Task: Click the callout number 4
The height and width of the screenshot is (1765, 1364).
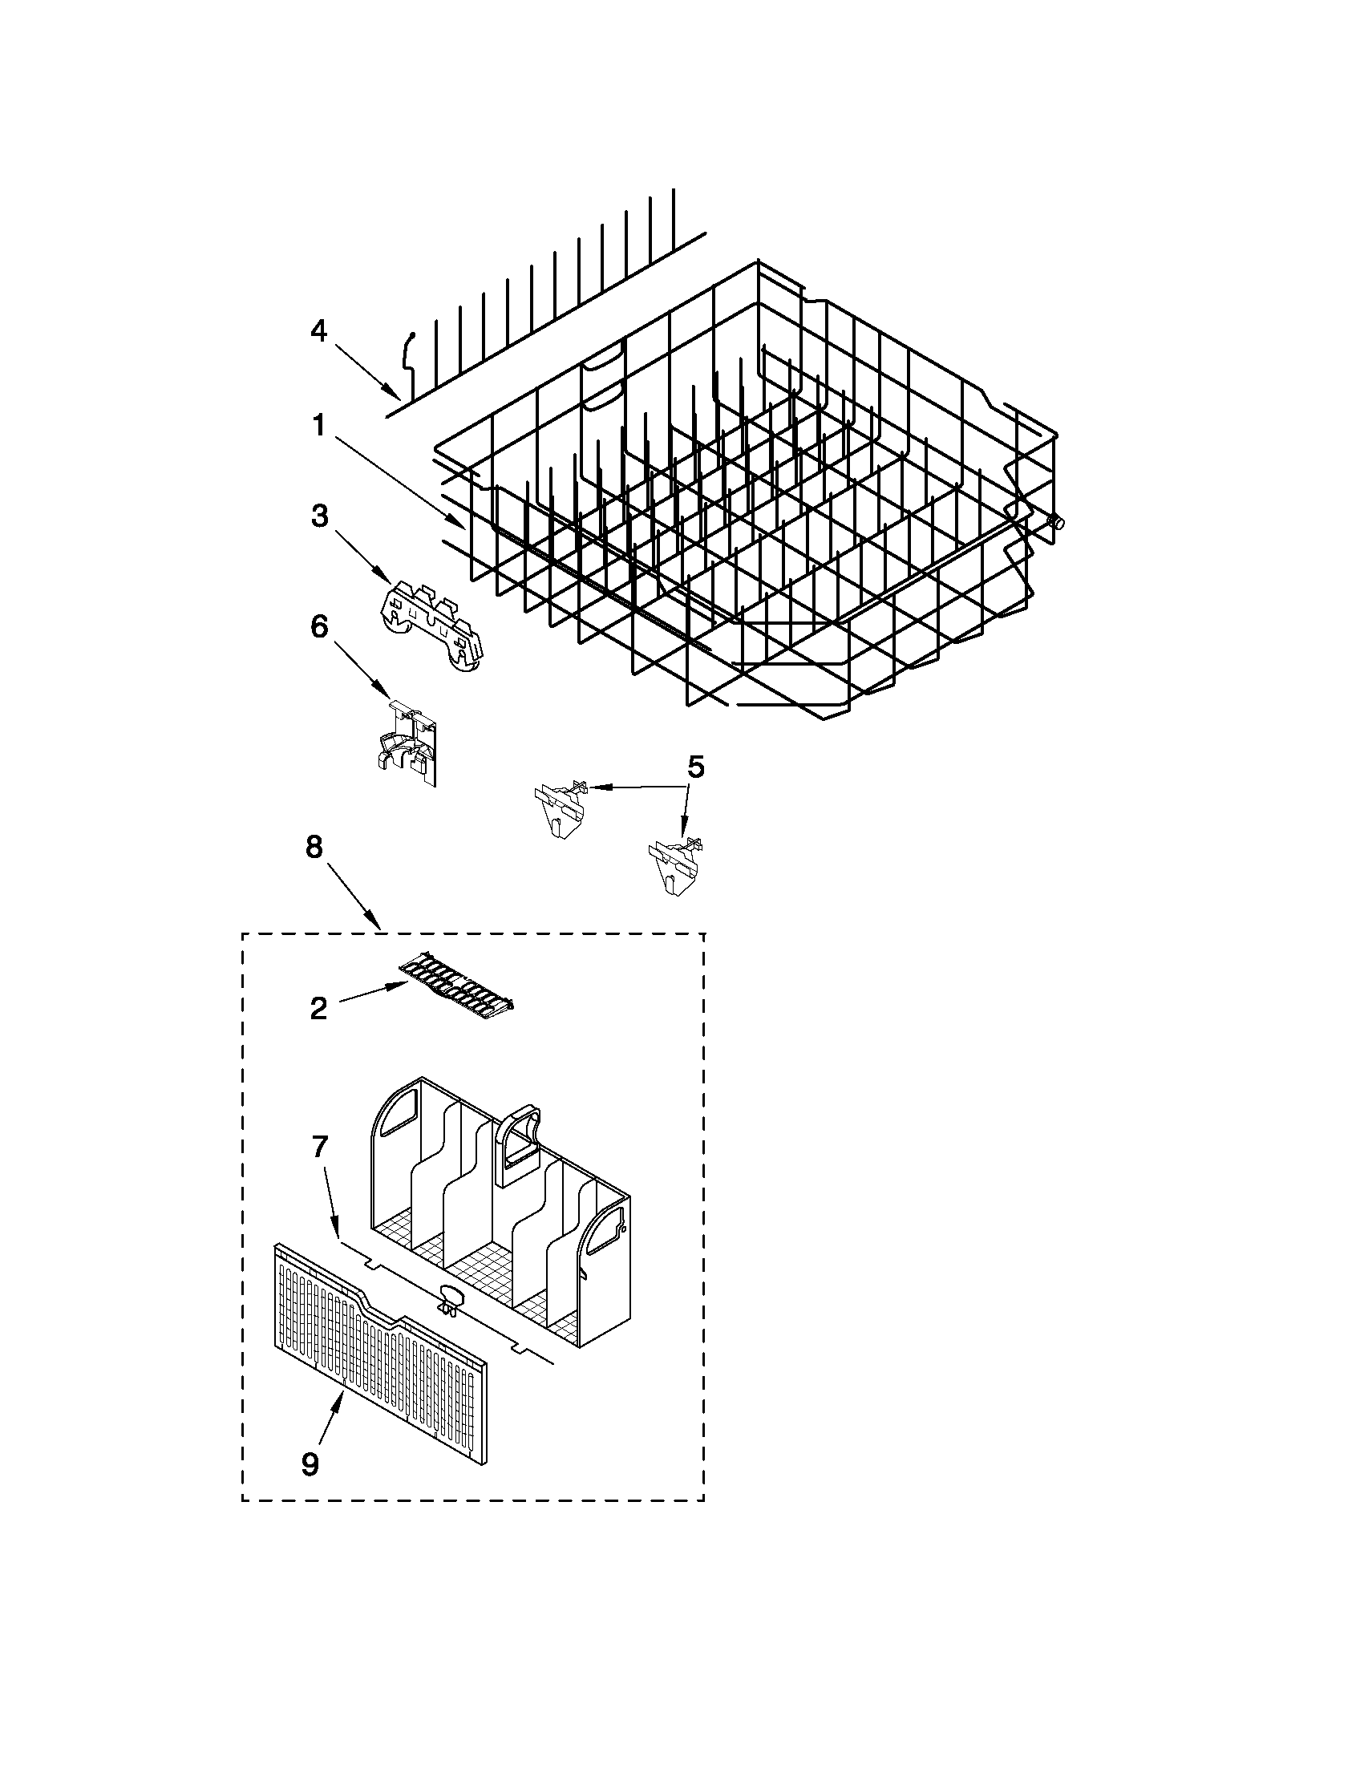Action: point(319,330)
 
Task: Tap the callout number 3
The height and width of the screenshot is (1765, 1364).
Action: point(320,516)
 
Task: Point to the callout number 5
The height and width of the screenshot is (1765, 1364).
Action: point(695,766)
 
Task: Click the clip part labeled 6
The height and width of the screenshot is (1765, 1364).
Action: point(407,743)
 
